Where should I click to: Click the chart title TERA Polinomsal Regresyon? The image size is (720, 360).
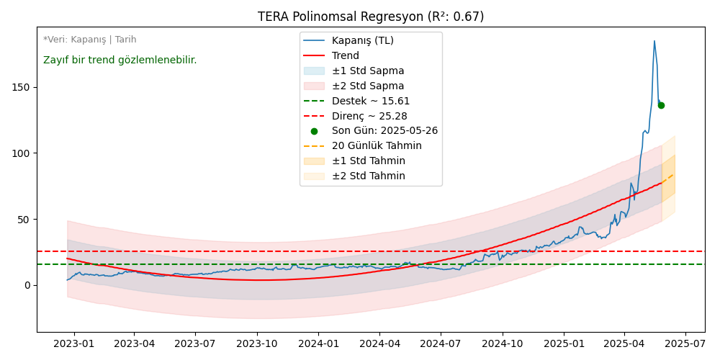pos(371,17)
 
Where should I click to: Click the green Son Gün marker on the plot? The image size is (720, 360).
pos(661,105)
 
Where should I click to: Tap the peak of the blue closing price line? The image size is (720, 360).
pos(654,41)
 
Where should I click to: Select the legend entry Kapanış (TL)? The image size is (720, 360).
pos(362,40)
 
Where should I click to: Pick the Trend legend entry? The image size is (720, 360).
pos(345,55)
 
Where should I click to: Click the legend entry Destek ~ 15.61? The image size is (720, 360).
pos(371,101)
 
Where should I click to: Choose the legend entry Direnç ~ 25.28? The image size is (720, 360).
pos(369,116)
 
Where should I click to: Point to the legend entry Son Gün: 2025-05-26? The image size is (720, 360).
pos(384,131)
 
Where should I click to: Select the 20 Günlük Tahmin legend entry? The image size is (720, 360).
pos(377,146)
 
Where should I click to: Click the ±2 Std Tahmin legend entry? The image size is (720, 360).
pos(368,176)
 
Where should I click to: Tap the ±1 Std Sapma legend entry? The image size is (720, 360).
pos(368,71)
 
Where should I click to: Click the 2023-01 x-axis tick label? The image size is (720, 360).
pos(73,343)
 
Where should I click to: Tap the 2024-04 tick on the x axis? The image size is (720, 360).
pos(379,343)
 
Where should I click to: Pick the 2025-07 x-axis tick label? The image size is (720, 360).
pos(685,343)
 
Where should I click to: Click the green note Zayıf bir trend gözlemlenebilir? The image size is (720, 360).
pos(120,60)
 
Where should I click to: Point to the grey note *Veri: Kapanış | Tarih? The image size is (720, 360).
pos(89,40)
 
